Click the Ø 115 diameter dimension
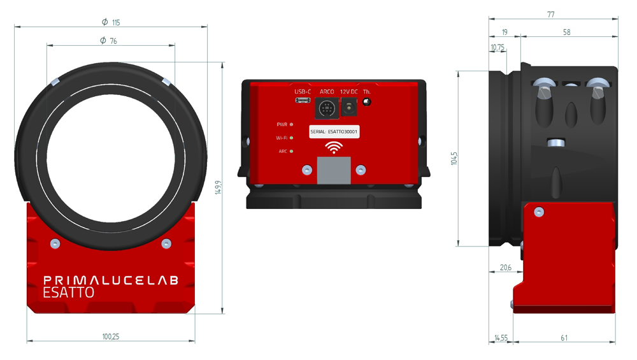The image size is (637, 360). [110, 22]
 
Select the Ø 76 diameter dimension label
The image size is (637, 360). [109, 41]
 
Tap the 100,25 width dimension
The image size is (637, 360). [110, 336]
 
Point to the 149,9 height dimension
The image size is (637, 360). [218, 187]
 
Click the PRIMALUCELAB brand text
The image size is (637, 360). [110, 280]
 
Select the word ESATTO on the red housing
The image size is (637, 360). [68, 293]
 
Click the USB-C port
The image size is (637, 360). [303, 100]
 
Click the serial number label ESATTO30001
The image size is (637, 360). [334, 132]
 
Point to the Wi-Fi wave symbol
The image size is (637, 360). [333, 148]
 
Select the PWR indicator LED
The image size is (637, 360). [291, 125]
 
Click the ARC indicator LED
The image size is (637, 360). [291, 152]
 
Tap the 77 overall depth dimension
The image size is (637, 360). [550, 14]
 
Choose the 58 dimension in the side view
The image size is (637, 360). [567, 32]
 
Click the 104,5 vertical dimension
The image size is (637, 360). [454, 158]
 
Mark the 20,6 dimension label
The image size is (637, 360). [505, 268]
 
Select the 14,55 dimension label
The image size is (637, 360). [500, 338]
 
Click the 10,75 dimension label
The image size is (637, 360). [497, 47]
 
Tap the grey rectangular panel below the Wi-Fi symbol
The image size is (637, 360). [334, 170]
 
